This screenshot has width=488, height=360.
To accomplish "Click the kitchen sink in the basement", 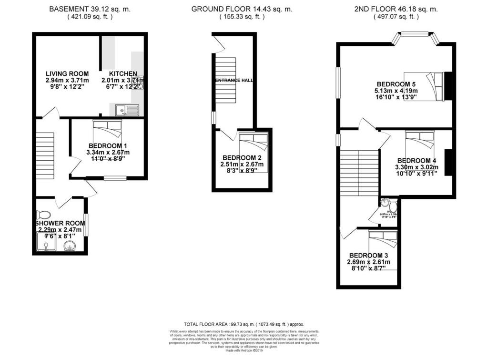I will point(126,111).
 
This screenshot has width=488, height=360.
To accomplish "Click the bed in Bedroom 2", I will point(254,141).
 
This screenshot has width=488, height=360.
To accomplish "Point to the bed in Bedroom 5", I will point(424,85).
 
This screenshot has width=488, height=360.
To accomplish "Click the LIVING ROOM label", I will point(67,73).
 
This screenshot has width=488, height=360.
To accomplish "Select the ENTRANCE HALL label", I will point(234,81).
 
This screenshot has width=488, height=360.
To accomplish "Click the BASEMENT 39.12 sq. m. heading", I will point(89,9).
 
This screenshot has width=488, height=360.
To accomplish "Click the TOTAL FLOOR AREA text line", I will point(244,324).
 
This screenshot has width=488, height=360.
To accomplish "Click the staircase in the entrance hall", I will point(226,81).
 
